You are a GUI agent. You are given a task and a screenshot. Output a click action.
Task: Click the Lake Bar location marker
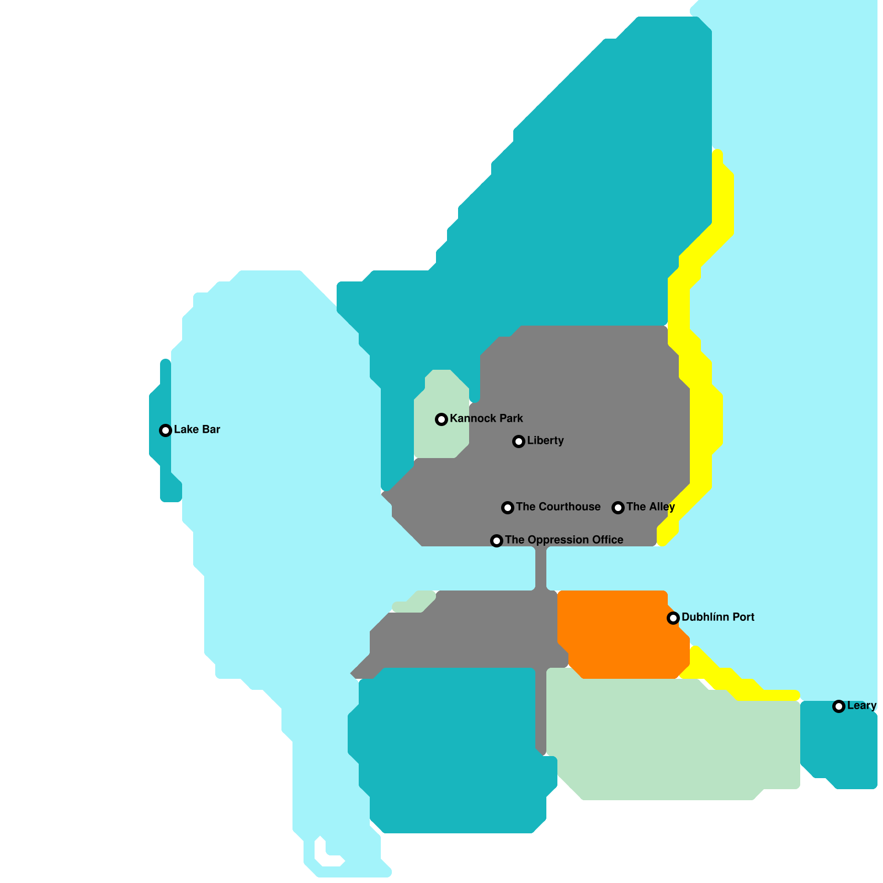tap(165, 430)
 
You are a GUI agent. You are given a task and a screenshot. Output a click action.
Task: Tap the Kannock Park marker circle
tap(441, 419)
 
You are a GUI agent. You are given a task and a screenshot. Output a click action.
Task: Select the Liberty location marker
tap(518, 441)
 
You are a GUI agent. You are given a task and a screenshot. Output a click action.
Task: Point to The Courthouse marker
tap(508, 508)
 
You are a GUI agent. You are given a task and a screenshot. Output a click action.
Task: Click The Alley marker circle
tap(618, 508)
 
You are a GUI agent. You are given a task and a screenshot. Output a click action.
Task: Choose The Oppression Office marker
tap(497, 541)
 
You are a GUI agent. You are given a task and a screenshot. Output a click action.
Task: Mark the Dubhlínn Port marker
tap(673, 618)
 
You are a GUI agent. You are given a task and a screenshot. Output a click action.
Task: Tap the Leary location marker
tap(839, 706)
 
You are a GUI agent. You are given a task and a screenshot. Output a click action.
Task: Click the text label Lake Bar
tap(197, 429)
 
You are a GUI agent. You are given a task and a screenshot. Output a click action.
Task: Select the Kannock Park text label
tap(486, 418)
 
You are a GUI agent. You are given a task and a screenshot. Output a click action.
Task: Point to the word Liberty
tap(545, 440)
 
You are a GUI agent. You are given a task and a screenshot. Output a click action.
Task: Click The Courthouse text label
tap(558, 507)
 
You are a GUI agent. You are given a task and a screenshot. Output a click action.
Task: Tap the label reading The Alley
tap(650, 507)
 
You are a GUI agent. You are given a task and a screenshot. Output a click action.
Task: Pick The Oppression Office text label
tap(564, 540)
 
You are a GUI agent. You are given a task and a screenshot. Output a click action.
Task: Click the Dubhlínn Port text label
tap(717, 617)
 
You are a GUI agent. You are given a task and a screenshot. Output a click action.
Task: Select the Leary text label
tap(861, 705)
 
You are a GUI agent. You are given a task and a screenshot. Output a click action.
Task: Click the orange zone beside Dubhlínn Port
tap(618, 635)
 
